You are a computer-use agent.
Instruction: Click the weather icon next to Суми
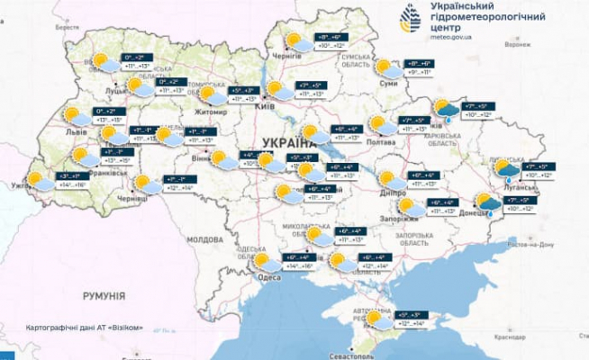[385, 67]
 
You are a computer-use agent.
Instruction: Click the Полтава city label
[383, 142]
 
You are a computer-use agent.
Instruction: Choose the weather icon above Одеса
[266, 263]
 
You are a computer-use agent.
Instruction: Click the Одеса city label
[267, 278]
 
